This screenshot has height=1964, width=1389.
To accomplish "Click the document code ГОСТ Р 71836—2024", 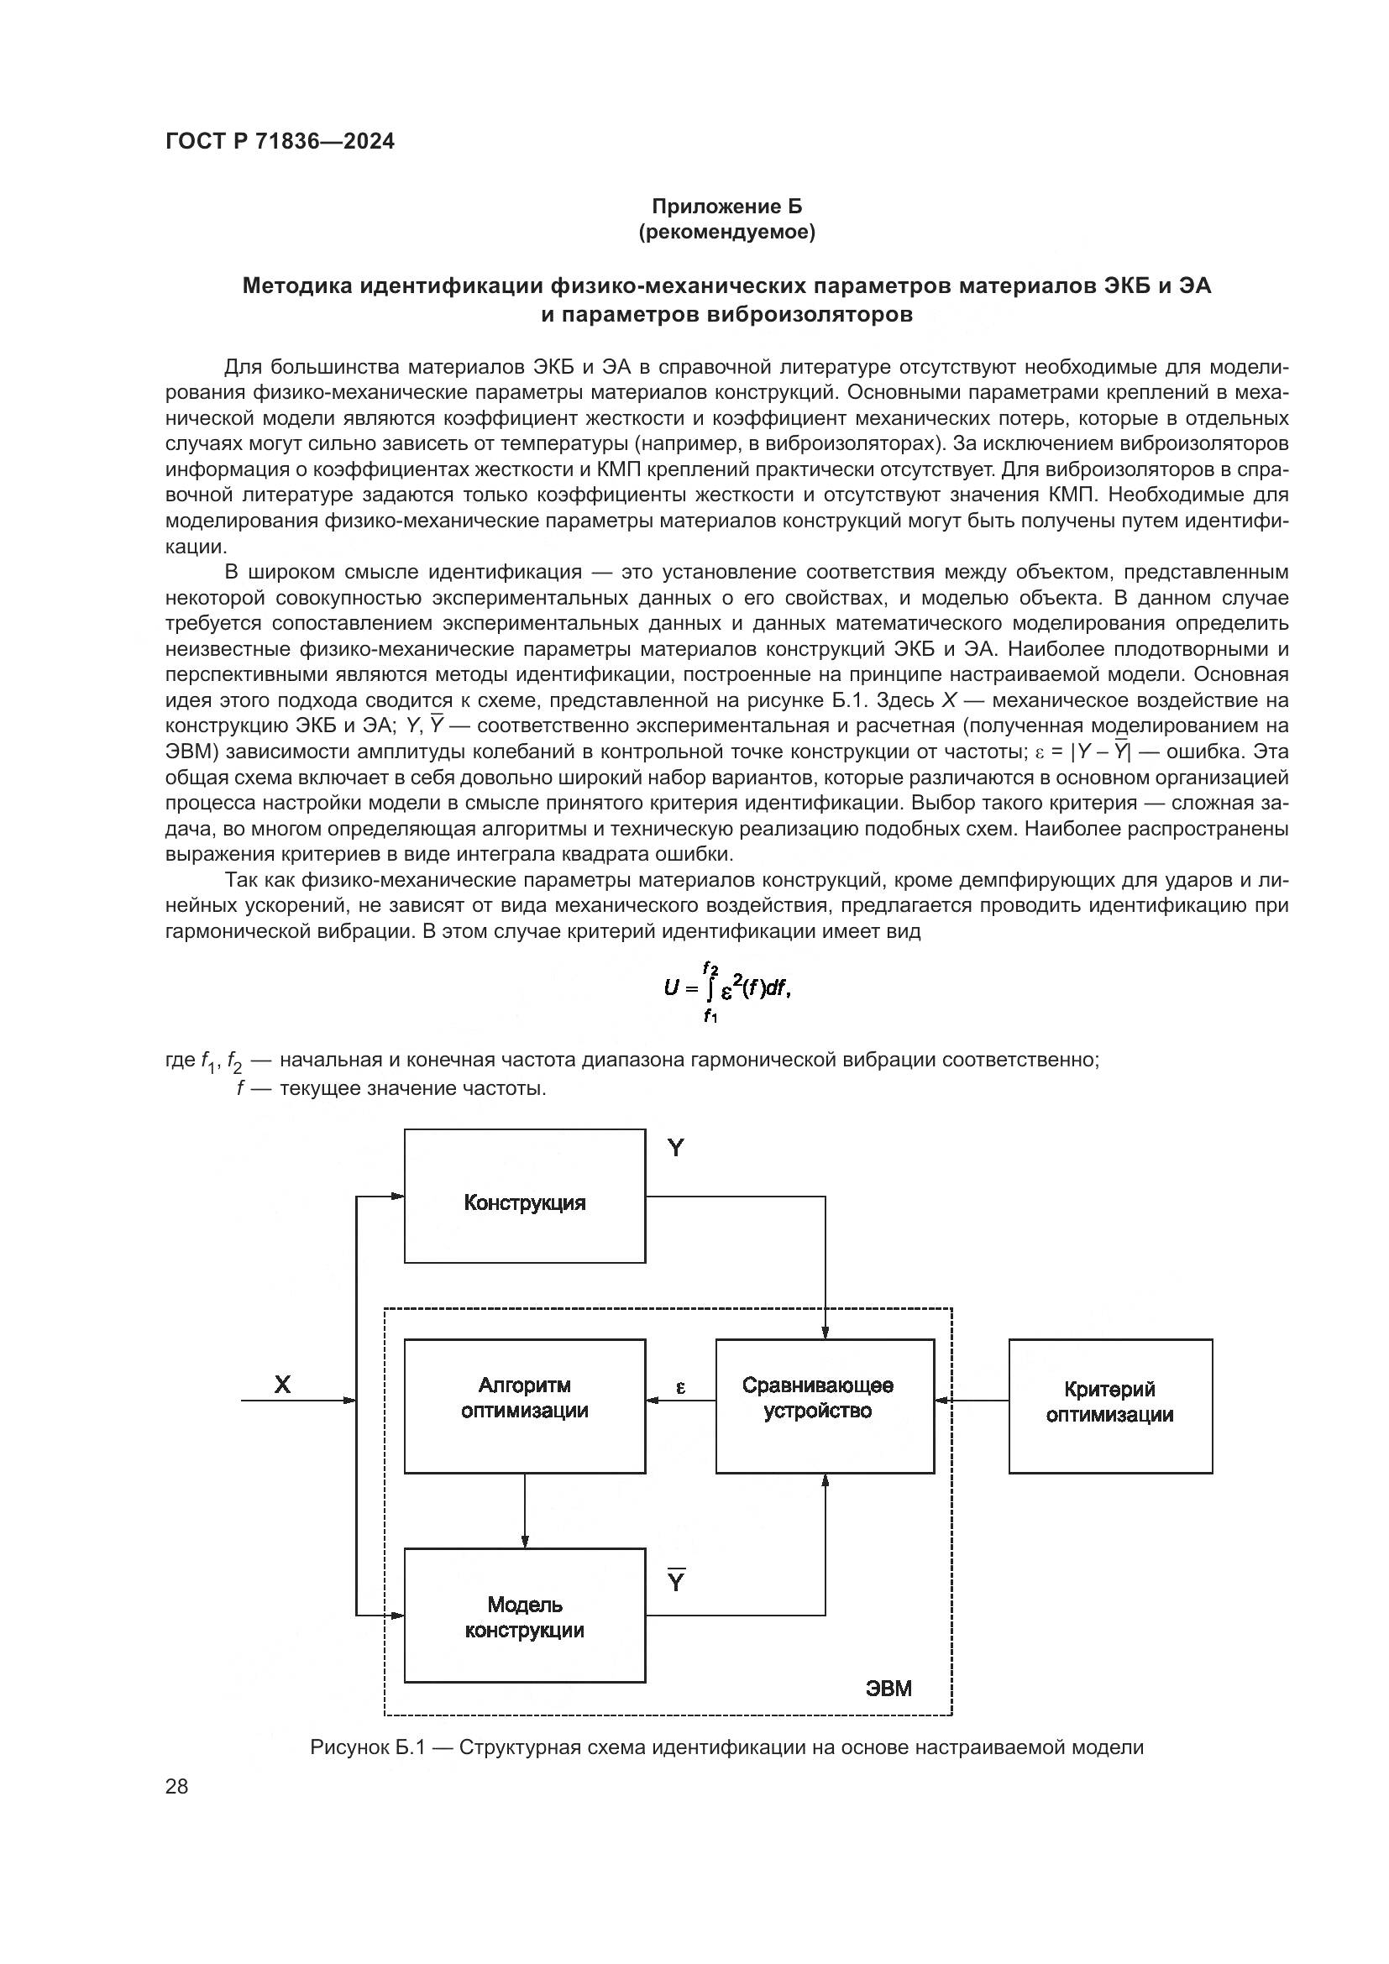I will (280, 141).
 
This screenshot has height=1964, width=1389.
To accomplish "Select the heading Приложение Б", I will (727, 207).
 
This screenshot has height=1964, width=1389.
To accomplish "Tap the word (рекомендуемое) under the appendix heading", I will (727, 232).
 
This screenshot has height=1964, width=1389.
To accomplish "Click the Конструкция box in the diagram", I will (524, 1202).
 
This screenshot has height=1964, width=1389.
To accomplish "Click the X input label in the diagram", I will (282, 1384).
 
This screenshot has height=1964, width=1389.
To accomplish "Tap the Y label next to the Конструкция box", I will (676, 1148).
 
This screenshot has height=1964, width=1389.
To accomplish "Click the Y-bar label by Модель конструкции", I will (676, 1581).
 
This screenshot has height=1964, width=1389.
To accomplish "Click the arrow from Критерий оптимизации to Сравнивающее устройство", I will (972, 1401).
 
